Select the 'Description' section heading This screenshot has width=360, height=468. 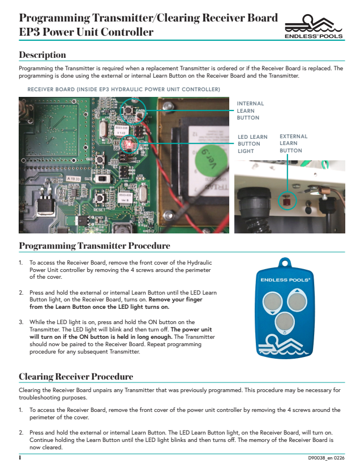pyautogui.click(x=42, y=55)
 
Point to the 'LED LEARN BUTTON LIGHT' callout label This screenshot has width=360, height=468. pyautogui.click(x=252, y=144)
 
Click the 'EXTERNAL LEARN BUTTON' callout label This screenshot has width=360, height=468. pyautogui.click(x=293, y=144)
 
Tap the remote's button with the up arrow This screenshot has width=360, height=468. pyautogui.click(x=295, y=299)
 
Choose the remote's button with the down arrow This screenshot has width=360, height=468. pyautogui.click(x=282, y=322)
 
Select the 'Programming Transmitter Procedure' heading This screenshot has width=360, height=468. pyautogui.click(x=95, y=246)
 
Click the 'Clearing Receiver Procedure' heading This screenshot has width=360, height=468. pyautogui.click(x=76, y=376)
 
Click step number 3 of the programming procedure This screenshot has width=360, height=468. pyautogui.click(x=21, y=322)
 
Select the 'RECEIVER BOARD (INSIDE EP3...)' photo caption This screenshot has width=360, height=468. pyautogui.click(x=123, y=90)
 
